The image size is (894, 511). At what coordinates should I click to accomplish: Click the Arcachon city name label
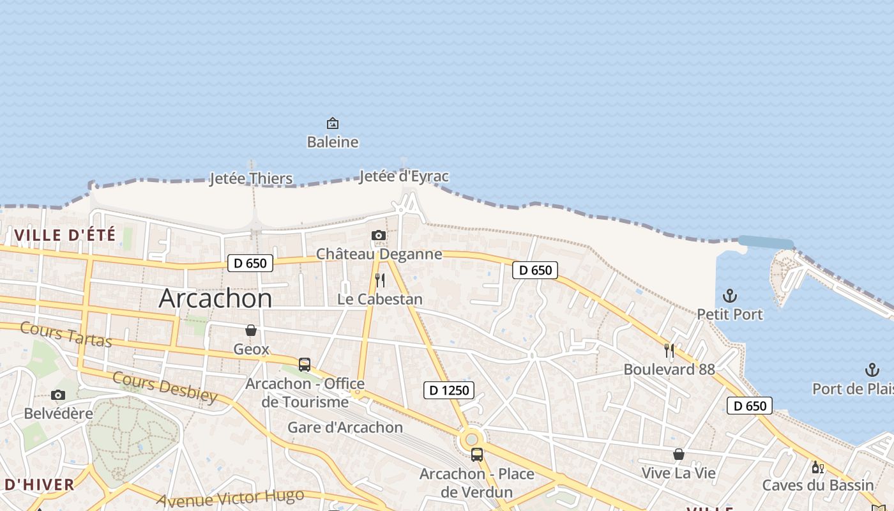[x=215, y=298]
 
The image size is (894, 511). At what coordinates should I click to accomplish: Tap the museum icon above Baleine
[x=333, y=123]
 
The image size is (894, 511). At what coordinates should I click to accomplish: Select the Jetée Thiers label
[x=251, y=179]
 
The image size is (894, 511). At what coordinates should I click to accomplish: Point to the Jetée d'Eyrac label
[x=404, y=176]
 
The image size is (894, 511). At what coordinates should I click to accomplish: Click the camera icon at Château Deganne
[x=379, y=236]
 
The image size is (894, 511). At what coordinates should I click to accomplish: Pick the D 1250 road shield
[x=449, y=390]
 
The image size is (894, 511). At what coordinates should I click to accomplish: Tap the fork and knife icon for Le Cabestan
[x=380, y=280]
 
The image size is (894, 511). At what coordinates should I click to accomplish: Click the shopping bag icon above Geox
[x=251, y=330]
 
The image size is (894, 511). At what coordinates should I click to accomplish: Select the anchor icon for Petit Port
[x=729, y=296]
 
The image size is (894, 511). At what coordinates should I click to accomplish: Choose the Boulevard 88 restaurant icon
[x=669, y=350]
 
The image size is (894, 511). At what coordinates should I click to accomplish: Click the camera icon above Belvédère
[x=58, y=395]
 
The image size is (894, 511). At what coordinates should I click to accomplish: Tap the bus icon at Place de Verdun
[x=477, y=455]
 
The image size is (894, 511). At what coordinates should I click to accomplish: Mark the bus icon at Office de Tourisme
[x=305, y=365]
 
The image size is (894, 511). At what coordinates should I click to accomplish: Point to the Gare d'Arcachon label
[x=345, y=427]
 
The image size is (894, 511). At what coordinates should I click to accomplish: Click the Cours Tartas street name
[x=66, y=334]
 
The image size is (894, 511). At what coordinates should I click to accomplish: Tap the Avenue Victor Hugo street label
[x=230, y=498]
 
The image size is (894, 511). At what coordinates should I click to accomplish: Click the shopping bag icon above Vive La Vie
[x=679, y=454]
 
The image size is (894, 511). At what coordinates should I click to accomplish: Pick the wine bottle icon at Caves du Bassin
[x=817, y=468]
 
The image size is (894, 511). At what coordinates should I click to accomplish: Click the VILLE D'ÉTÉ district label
[x=65, y=235]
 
